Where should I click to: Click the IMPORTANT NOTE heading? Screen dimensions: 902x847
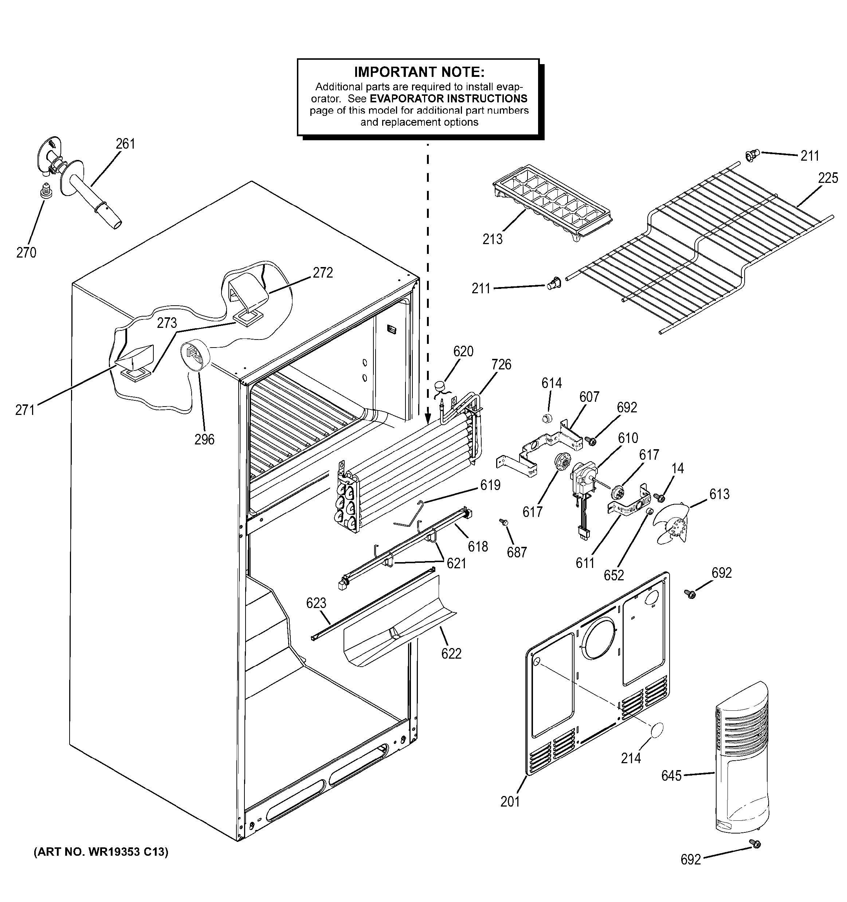coord(419,72)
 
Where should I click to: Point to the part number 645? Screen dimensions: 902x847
coord(671,776)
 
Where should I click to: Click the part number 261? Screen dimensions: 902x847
coord(125,144)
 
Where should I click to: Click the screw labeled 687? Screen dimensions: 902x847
coord(503,523)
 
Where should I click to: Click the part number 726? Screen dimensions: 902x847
coord(501,364)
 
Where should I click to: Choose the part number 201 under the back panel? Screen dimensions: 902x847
coord(510,802)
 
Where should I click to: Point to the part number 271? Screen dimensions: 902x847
coord(24,410)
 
